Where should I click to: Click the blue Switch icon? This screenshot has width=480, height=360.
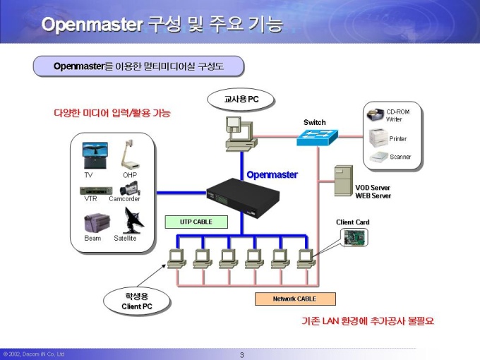(x=318, y=138)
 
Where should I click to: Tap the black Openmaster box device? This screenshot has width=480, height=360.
(x=243, y=198)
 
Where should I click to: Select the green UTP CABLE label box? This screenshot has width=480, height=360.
(x=196, y=222)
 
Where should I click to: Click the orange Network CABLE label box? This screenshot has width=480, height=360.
(x=295, y=299)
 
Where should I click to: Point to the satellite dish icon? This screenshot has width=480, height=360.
(x=133, y=220)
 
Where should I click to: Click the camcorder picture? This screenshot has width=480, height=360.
(x=130, y=188)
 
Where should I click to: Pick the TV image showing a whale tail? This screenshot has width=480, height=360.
(x=95, y=155)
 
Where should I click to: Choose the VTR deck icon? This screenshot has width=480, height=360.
(x=96, y=191)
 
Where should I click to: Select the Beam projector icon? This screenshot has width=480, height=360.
(x=97, y=223)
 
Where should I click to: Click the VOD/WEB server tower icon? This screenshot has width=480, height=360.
(x=344, y=181)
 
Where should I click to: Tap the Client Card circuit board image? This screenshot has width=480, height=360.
(x=354, y=238)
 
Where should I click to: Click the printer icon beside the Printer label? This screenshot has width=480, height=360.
(x=378, y=138)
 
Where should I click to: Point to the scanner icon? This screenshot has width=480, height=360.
(x=379, y=157)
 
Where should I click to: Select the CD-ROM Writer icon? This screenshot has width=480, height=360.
(x=376, y=115)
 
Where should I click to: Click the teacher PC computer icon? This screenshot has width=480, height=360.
(x=241, y=134)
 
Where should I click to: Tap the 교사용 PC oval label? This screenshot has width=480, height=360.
(x=241, y=100)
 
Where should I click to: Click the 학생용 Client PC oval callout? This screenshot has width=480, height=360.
(x=136, y=301)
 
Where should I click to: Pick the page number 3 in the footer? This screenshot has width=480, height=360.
(x=242, y=355)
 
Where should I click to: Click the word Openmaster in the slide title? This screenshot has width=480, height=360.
(x=92, y=25)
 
